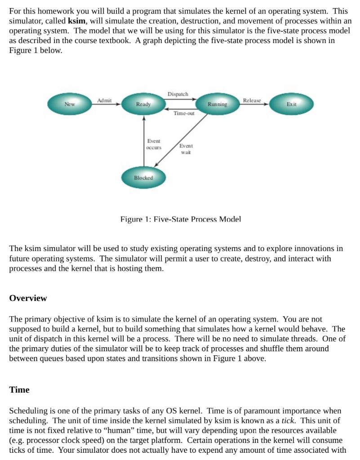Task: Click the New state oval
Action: click(69, 104)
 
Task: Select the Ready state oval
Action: click(143, 104)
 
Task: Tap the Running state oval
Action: click(218, 104)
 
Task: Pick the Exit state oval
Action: click(291, 104)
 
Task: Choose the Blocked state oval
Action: click(143, 178)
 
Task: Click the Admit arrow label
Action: click(104, 100)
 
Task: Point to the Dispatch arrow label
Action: click(178, 94)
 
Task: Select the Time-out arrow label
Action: click(184, 114)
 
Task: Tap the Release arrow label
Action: click(252, 100)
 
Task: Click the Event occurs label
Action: click(154, 144)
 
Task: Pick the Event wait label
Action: click(186, 149)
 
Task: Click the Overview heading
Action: click(28, 298)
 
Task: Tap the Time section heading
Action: click(19, 390)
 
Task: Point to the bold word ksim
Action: click(76, 21)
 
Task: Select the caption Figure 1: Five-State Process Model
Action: click(181, 219)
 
